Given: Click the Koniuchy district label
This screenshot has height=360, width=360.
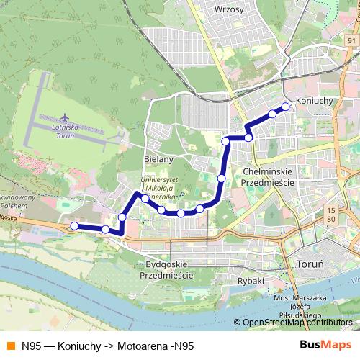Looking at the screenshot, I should click(x=315, y=102).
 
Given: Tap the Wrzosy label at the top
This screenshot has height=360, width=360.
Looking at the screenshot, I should click(x=229, y=9).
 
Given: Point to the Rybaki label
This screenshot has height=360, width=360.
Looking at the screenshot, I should click(x=251, y=281).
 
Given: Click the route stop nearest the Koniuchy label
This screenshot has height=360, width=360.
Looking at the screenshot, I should click(x=285, y=107).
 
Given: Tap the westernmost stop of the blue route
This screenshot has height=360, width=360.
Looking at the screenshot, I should click(x=73, y=226).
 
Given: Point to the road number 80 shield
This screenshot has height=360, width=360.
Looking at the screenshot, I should click(x=330, y=218).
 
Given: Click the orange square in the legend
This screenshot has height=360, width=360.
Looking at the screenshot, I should click(x=9, y=346).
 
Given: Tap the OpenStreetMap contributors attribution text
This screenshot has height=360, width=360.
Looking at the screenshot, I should click(x=293, y=323).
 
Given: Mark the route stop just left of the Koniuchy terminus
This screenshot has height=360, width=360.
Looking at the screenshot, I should click(x=272, y=114).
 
